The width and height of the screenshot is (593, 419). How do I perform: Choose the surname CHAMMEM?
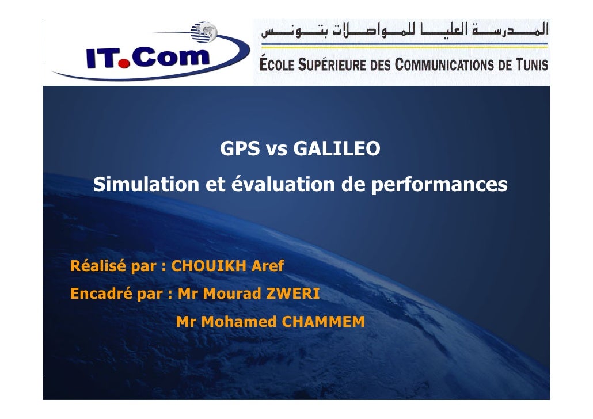[323, 322]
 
